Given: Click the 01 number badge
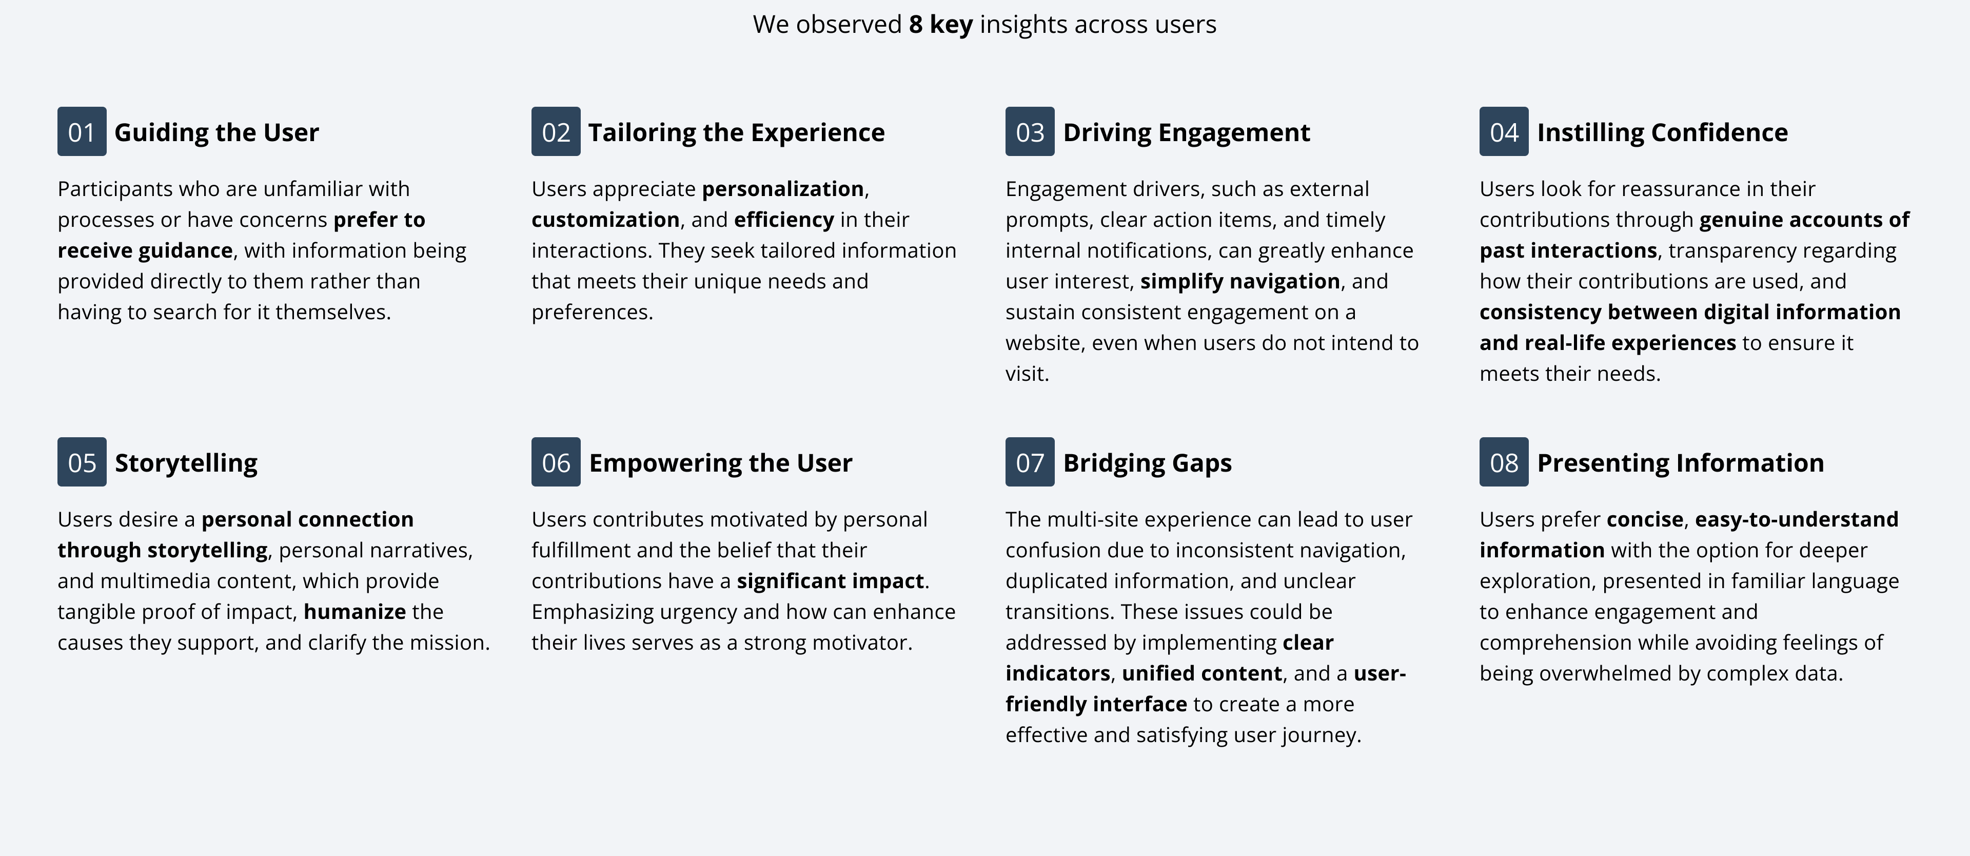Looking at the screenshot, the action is [x=82, y=131].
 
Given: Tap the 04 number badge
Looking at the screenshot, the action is [x=1504, y=131].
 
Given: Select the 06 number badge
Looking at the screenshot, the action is [x=556, y=462].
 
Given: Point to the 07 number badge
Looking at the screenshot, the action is [x=1029, y=462].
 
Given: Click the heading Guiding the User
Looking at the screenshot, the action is [x=216, y=132].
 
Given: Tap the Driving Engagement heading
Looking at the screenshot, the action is [x=1186, y=132].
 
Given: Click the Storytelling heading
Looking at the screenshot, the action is [x=186, y=463].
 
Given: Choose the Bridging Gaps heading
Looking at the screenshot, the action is [x=1147, y=463].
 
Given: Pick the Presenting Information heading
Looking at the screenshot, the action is [x=1680, y=463].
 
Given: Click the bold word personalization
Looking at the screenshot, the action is [x=783, y=189].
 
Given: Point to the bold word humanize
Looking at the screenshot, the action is [x=355, y=611].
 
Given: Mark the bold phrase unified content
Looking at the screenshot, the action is [x=1201, y=673].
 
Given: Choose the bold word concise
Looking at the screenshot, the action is [x=1644, y=519].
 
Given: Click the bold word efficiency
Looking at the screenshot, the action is [x=784, y=220].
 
